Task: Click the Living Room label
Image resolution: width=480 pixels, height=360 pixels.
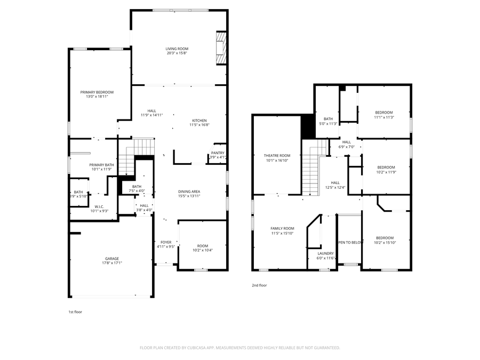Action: pos(177,49)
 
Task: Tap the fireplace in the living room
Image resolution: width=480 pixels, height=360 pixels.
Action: pos(221,49)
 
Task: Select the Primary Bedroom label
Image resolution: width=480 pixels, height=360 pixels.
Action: pos(97,92)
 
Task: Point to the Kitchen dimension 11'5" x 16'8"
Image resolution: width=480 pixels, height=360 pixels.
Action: pos(199,125)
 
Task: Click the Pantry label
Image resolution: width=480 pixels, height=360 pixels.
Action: pos(218,153)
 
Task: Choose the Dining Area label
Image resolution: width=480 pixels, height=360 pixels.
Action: pos(189,191)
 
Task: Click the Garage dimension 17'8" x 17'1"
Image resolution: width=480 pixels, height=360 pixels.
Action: pos(112,263)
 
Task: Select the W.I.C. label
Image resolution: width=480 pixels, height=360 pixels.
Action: pos(99,206)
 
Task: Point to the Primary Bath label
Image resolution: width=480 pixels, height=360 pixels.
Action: pos(101,165)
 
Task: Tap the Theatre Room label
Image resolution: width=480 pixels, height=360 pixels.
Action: pos(277,155)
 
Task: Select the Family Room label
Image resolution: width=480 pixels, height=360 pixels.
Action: pos(282,228)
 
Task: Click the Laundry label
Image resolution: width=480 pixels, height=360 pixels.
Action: pos(325,253)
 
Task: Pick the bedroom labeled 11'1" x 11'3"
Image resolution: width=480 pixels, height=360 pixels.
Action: pos(383,113)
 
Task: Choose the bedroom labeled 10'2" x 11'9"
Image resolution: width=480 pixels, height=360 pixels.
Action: pos(386,167)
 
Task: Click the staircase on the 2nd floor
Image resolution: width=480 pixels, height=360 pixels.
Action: pos(313,171)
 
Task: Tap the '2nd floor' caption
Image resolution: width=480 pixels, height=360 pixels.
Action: pos(259,285)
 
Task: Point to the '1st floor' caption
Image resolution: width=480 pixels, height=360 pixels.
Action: pos(75,311)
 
